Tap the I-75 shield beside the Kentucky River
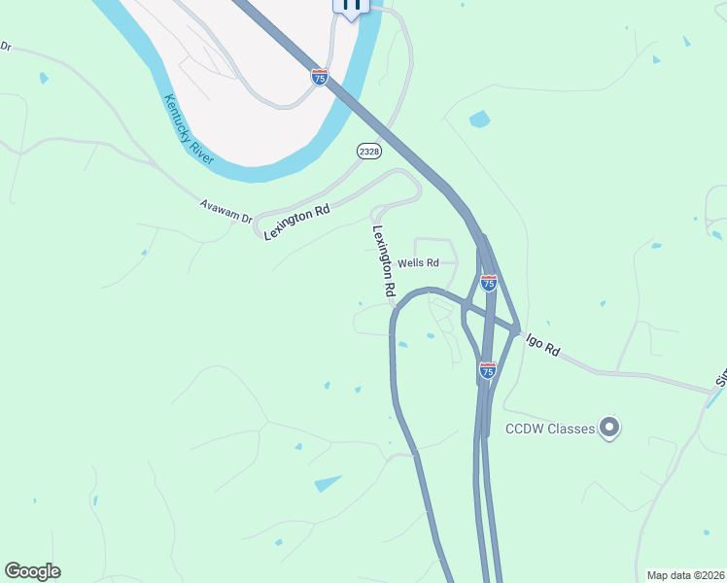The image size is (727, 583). click(320, 77)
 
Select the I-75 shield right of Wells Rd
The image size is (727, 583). click(489, 283)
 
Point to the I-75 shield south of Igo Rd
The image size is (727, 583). click(488, 370)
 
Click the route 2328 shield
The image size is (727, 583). click(368, 151)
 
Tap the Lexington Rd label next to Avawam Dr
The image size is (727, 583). click(297, 223)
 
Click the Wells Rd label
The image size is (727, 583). click(419, 263)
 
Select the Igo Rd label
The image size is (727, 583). click(543, 344)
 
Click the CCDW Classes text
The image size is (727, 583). click(549, 429)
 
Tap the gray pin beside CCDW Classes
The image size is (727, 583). click(609, 428)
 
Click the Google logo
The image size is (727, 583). click(32, 571)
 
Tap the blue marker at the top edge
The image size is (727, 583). click(351, 5)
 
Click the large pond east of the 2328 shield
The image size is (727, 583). click(479, 120)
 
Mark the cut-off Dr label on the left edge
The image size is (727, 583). click(6, 46)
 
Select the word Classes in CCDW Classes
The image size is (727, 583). click(570, 429)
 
